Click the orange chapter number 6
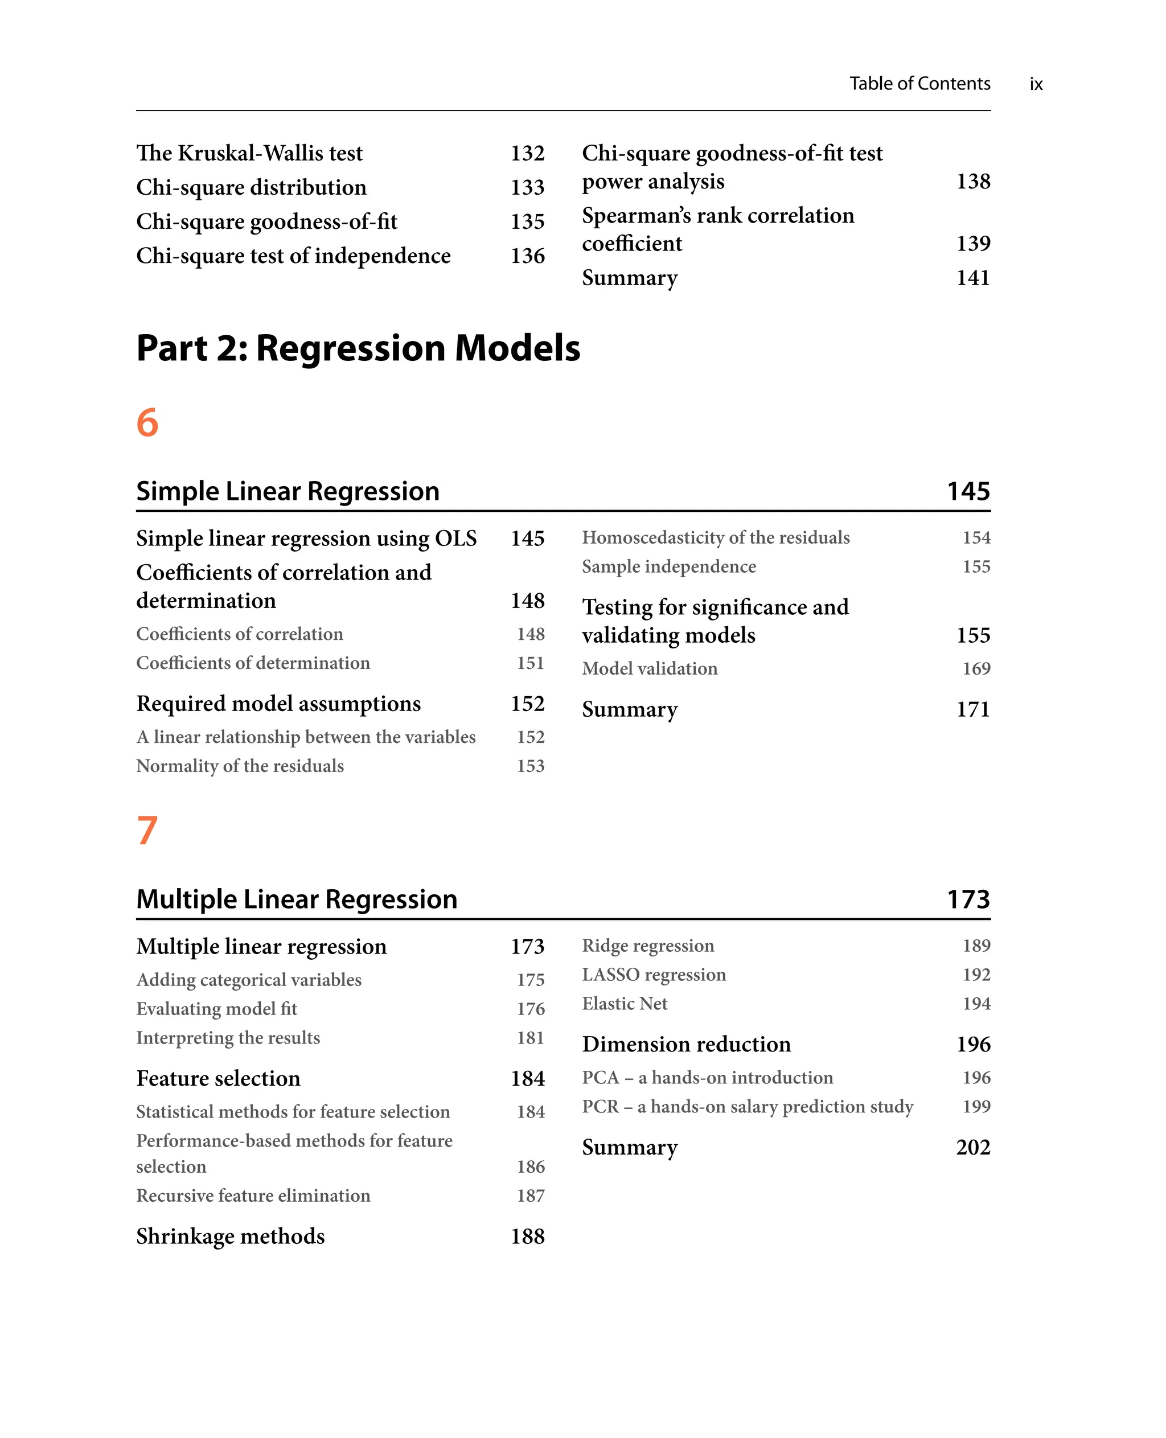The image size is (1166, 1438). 147,422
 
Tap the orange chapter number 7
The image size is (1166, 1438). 147,830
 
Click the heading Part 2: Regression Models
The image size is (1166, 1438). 358,348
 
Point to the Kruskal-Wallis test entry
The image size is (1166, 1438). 249,153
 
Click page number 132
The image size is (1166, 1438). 527,153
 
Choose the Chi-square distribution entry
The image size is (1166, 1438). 251,187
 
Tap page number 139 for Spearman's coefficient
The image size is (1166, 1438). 972,243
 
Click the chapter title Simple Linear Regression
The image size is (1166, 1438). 288,491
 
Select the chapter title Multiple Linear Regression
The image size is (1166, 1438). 296,899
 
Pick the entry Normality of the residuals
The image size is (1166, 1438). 240,766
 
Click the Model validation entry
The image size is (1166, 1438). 650,668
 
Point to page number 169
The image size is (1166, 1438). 976,668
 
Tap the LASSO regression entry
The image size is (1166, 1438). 654,975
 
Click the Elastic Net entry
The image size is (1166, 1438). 625,1004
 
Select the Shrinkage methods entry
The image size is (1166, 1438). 231,1236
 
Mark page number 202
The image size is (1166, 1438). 972,1147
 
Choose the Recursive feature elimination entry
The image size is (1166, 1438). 253,1195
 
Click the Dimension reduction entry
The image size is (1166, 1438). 685,1045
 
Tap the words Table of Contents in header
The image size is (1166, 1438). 919,83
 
